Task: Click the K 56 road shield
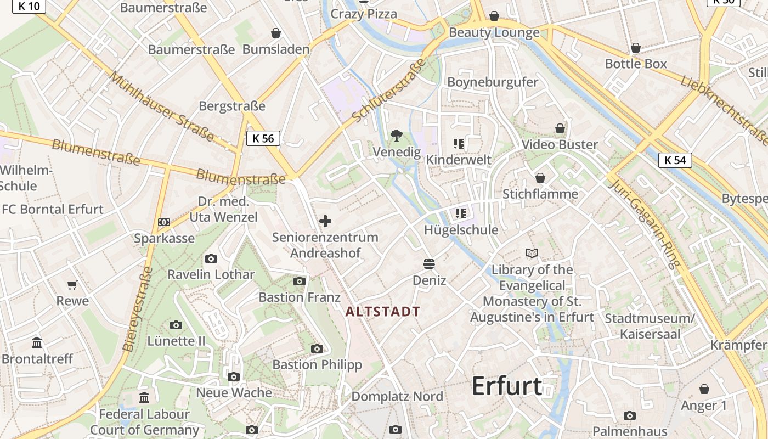tap(263, 138)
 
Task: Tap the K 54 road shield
tap(675, 160)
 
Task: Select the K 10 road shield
tap(28, 5)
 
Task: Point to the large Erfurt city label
tap(507, 386)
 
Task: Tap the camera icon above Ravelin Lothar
tap(211, 259)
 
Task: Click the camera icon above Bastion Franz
tap(299, 282)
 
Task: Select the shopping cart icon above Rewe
tap(72, 285)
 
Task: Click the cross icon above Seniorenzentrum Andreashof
tap(325, 221)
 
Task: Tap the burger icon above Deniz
tap(429, 264)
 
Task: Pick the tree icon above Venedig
tap(396, 135)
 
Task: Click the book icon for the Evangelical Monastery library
tap(532, 253)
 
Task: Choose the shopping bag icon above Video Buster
tap(560, 128)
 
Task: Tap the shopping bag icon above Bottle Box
tap(636, 48)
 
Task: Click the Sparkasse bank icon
tap(164, 222)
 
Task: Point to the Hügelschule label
tap(461, 230)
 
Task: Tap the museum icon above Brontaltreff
tap(37, 343)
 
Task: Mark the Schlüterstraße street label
tap(389, 91)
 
